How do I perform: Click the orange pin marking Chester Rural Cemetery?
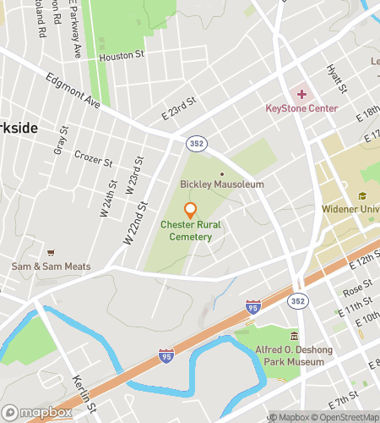(x=190, y=210)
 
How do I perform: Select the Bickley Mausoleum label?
(x=222, y=184)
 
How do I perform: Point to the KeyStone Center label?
(x=301, y=108)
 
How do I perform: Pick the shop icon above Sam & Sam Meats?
(x=51, y=253)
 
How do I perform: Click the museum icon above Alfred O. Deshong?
(x=294, y=336)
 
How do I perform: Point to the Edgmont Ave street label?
(x=73, y=91)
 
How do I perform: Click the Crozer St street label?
(x=93, y=159)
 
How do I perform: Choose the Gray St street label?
(x=61, y=140)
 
